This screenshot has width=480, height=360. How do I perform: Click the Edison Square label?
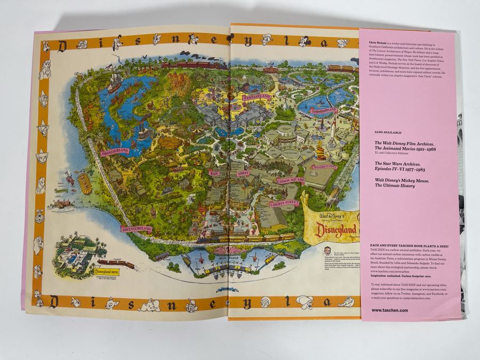[x=291, y=181]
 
